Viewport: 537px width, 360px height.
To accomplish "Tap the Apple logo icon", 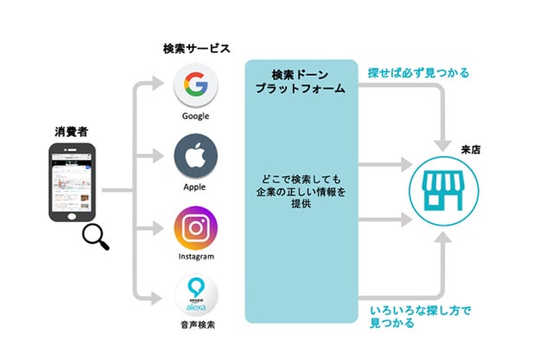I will (195, 157).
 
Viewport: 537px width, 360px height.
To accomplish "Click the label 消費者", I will (71, 132).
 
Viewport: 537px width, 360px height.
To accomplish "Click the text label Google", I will (195, 115).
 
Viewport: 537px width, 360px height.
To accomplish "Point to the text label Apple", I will (195, 187).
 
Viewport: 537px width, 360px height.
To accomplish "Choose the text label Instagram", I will (195, 258).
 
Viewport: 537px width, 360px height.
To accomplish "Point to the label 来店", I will (472, 148).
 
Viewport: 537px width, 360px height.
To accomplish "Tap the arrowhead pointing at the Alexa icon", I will (158, 298).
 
